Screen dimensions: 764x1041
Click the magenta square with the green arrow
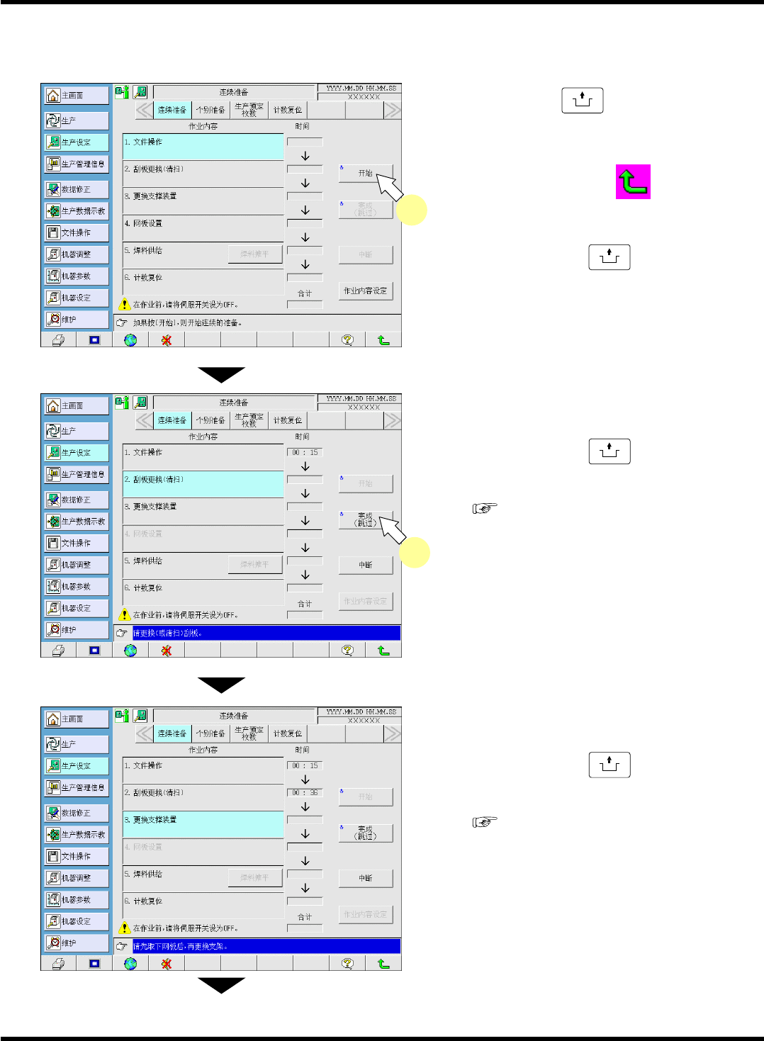pyautogui.click(x=633, y=182)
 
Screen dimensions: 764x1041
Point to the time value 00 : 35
pyautogui.click(x=305, y=793)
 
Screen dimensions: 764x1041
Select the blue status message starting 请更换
pyautogui.click(x=266, y=633)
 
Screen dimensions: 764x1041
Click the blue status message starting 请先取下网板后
pyautogui.click(x=266, y=946)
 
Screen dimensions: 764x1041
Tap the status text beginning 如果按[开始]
pyautogui.click(x=188, y=322)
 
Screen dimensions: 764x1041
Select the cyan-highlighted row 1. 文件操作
pyautogui.click(x=203, y=147)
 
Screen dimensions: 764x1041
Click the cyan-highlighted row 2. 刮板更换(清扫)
pyautogui.click(x=203, y=485)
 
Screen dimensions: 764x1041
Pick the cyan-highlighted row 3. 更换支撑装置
pyautogui.click(x=203, y=825)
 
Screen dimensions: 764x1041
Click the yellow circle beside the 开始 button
pyautogui.click(x=412, y=210)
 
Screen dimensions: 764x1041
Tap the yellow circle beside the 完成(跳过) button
pyautogui.click(x=415, y=553)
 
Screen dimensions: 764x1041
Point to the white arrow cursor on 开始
pyautogui.click(x=388, y=186)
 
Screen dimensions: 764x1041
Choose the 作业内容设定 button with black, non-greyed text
pyautogui.click(x=365, y=291)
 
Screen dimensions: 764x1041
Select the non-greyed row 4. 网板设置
pyautogui.click(x=203, y=228)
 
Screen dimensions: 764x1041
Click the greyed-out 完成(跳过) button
pyautogui.click(x=365, y=210)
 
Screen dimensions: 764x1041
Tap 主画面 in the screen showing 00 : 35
pyautogui.click(x=76, y=719)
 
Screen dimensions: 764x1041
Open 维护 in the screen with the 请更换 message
pyautogui.click(x=76, y=630)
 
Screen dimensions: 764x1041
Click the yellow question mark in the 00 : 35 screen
pyautogui.click(x=347, y=964)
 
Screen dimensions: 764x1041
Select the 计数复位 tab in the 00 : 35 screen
pyautogui.click(x=288, y=733)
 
